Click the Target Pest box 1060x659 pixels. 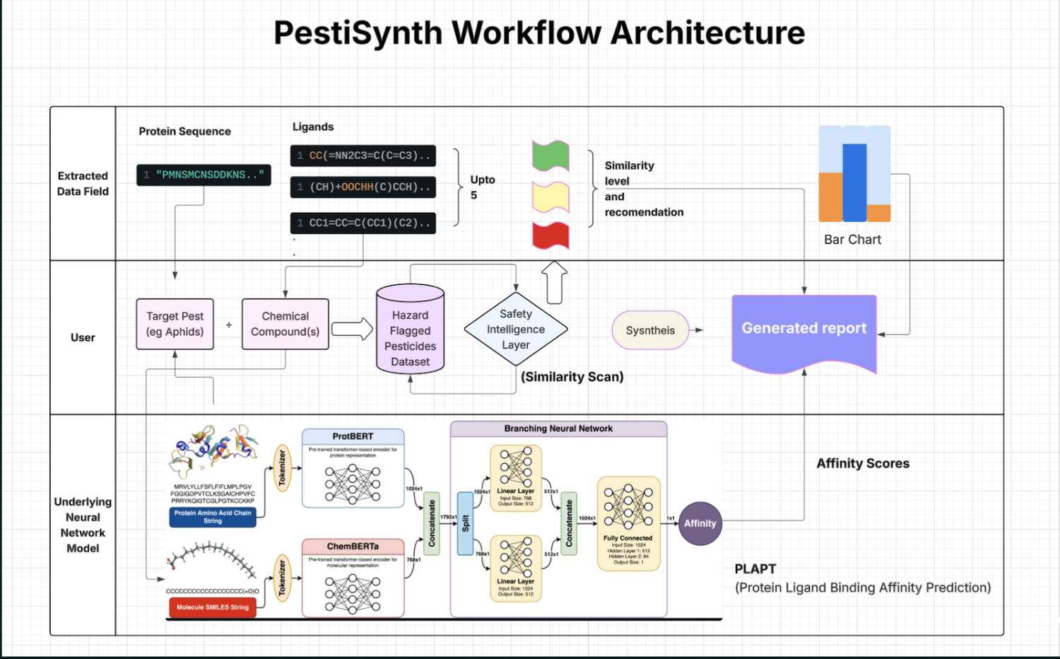[x=175, y=324]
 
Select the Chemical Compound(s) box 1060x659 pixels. [x=285, y=324]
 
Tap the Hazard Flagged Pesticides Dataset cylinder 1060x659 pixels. [x=410, y=330]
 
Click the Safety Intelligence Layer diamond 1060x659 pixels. [x=516, y=329]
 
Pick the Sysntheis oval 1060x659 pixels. [x=650, y=330]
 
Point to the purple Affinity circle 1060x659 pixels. [x=700, y=523]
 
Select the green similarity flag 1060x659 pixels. [x=550, y=156]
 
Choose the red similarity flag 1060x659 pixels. [x=550, y=235]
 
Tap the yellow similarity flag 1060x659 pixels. [x=550, y=197]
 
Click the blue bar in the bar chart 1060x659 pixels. [x=854, y=182]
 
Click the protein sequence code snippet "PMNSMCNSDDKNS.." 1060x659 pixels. [x=204, y=175]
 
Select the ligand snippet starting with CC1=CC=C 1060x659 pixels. [x=363, y=223]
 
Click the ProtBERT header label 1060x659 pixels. [x=353, y=436]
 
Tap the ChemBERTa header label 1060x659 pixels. [x=353, y=547]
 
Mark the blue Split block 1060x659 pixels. [x=465, y=523]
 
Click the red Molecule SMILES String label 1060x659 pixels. [x=213, y=607]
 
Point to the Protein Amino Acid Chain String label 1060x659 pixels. [x=213, y=517]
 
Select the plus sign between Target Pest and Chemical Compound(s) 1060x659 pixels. [x=229, y=325]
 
